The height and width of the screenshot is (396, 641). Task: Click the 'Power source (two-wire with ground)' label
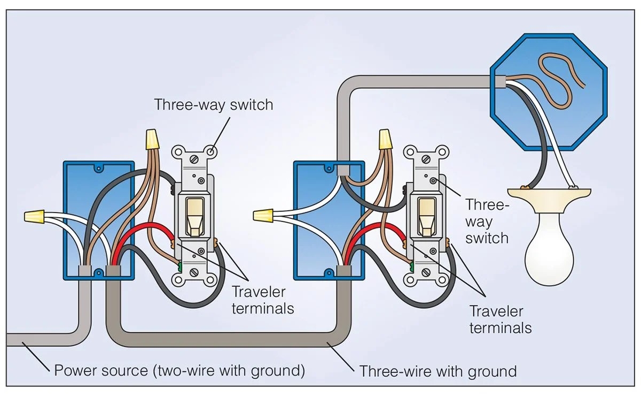(179, 370)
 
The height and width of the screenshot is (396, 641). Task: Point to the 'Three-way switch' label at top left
(213, 104)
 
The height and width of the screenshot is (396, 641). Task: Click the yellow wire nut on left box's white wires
(34, 217)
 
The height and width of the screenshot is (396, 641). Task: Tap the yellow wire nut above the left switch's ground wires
(152, 139)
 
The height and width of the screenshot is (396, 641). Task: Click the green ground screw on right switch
(411, 264)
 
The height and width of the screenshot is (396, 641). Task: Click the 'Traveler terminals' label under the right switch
(500, 319)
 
